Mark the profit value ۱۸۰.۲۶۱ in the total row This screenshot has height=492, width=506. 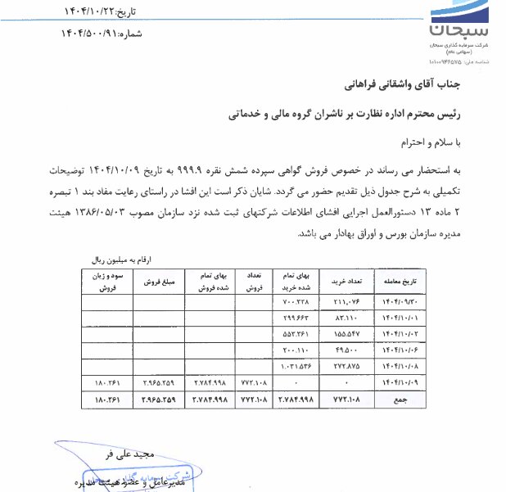pos(106,399)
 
